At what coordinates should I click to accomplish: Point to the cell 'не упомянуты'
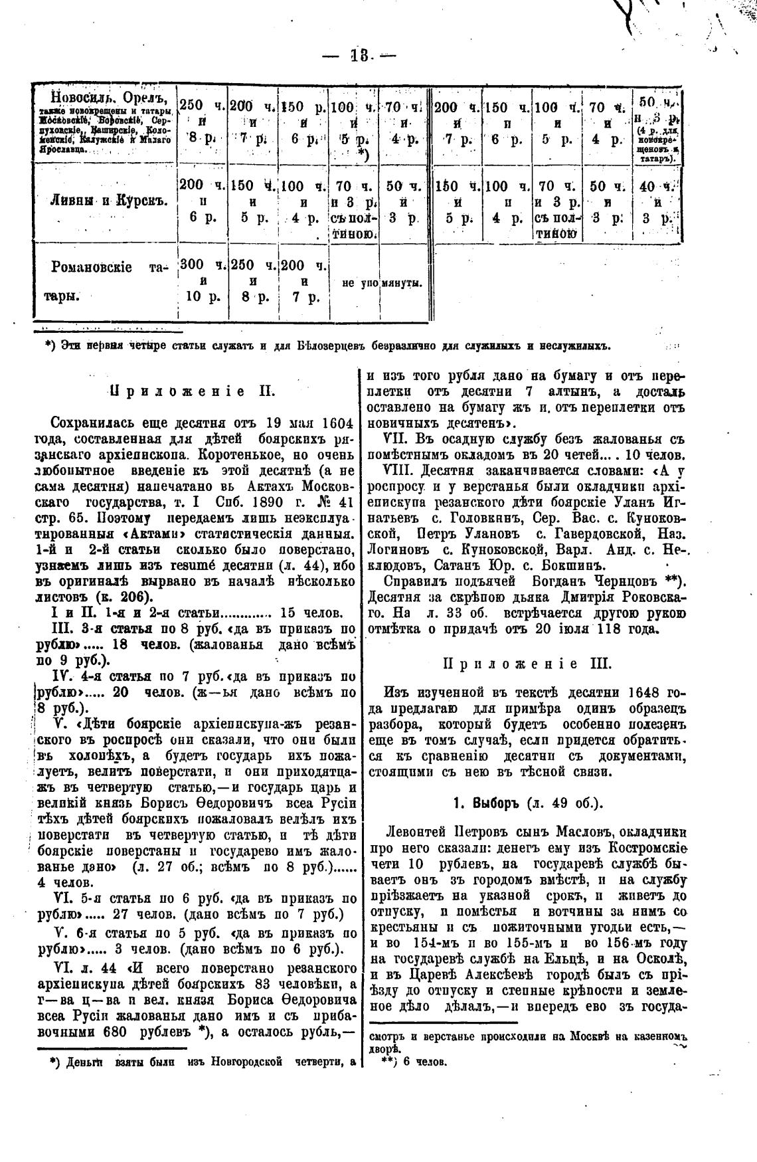point(382,284)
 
